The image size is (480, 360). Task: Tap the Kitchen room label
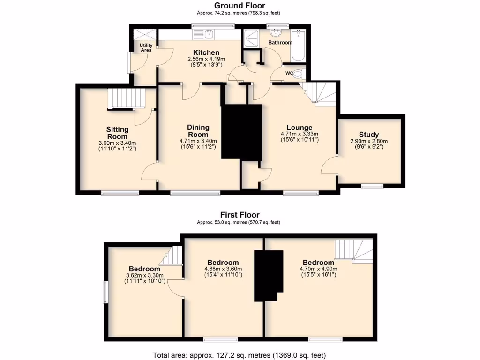click(x=206, y=52)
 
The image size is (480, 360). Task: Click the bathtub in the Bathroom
click(x=299, y=46)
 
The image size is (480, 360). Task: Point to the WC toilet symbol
click(x=298, y=73)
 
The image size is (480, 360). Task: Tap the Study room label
click(x=369, y=135)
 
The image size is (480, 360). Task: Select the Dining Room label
click(x=198, y=131)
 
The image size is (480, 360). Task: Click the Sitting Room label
click(x=117, y=133)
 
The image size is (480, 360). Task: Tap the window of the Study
click(x=372, y=186)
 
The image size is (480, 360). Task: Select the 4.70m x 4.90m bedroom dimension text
click(x=318, y=269)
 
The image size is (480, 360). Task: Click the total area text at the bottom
click(x=239, y=355)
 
